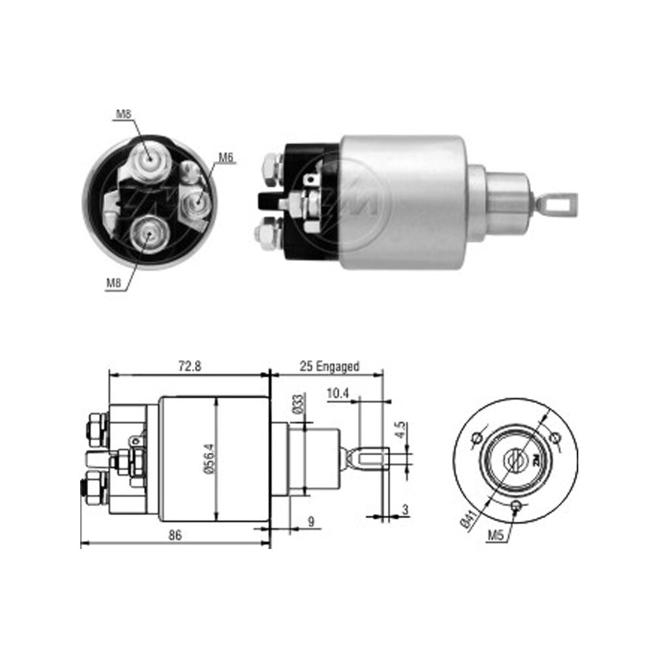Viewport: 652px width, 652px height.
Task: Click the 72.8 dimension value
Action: click(190, 366)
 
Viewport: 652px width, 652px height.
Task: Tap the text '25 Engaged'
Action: click(329, 366)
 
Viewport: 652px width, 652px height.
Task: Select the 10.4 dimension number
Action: click(338, 393)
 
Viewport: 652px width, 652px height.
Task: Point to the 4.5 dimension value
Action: click(400, 430)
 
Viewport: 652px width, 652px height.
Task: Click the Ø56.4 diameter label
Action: click(209, 458)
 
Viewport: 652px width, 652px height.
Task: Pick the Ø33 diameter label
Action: click(299, 404)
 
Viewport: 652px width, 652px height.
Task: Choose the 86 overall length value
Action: click(175, 535)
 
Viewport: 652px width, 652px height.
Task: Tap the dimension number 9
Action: click(312, 522)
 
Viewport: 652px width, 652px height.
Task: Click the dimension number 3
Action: click(405, 509)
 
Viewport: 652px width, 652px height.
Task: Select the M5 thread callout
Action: click(496, 535)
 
